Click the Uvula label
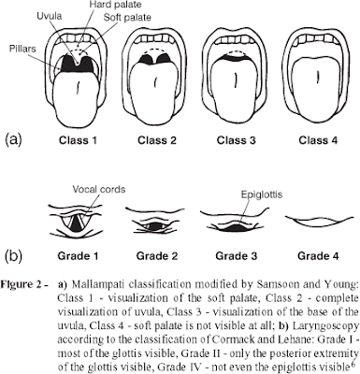coord(49,17)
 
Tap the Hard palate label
coord(115,5)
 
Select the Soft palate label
coord(127,18)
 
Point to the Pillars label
coord(22,49)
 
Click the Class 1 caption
coord(79,140)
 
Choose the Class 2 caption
coord(157,140)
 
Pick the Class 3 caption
coord(236,140)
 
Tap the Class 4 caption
coord(318,140)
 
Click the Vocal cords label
coord(99,189)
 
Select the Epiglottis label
coord(262,194)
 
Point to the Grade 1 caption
coord(78,256)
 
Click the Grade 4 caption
coord(318,256)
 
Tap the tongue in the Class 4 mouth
coord(317,87)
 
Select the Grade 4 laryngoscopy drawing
coord(320,220)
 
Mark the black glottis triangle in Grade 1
coord(76,224)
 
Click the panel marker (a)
coord(14,139)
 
